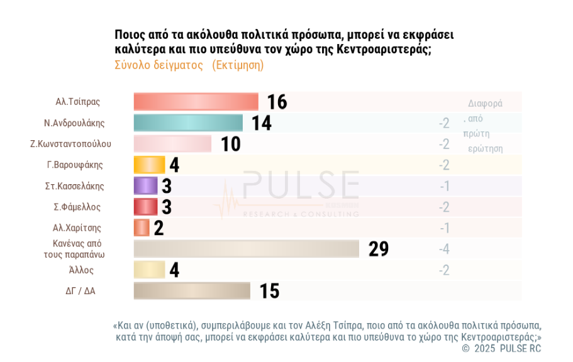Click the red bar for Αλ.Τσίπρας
(x=196, y=102)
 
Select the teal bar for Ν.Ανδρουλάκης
(x=188, y=123)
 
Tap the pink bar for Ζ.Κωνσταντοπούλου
(x=172, y=144)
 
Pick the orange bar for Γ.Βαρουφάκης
(x=149, y=165)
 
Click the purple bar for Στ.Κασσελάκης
(x=145, y=185)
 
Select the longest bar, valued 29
(x=246, y=249)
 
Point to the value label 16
(x=277, y=102)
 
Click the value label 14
(x=262, y=123)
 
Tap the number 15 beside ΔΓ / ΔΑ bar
(x=269, y=291)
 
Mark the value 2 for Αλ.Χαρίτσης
(x=159, y=228)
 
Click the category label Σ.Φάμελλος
(x=77, y=207)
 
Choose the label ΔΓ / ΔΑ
(x=78, y=291)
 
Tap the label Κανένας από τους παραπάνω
(x=77, y=249)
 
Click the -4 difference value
(x=444, y=249)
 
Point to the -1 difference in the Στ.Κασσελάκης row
(x=444, y=186)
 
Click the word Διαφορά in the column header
(x=486, y=104)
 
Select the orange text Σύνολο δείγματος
(x=159, y=65)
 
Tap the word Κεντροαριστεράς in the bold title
(x=384, y=50)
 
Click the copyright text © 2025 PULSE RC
(x=501, y=348)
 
